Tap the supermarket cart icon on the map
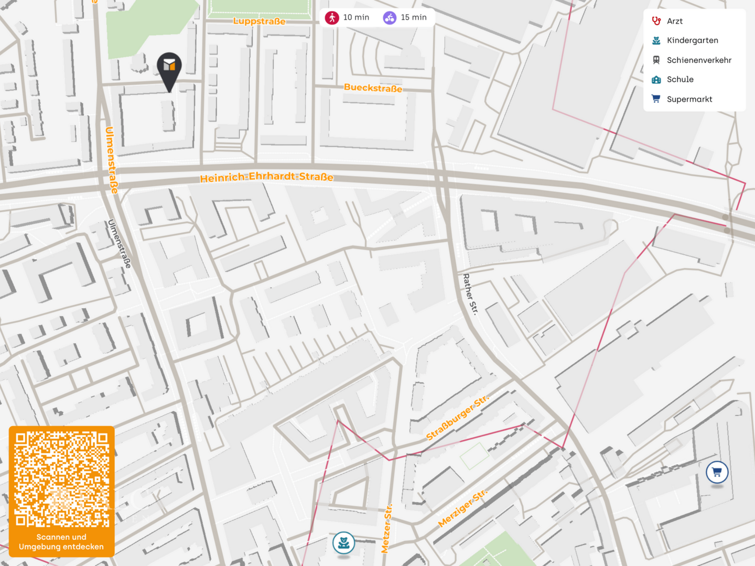tap(717, 472)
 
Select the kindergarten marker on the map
tap(344, 543)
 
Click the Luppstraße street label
tap(260, 21)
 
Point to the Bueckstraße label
tap(373, 88)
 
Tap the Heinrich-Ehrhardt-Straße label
tap(266, 177)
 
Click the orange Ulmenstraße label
tap(111, 160)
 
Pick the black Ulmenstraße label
tap(120, 244)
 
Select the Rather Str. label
tap(470, 293)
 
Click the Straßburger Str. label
tap(457, 418)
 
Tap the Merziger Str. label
tap(462, 508)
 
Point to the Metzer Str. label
tap(387, 528)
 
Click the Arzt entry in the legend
tap(674, 21)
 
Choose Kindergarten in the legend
tap(692, 40)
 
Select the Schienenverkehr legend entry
tap(698, 60)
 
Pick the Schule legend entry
tap(680, 80)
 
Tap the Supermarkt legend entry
tap(689, 99)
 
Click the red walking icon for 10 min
tap(332, 18)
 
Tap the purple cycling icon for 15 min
tap(390, 18)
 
